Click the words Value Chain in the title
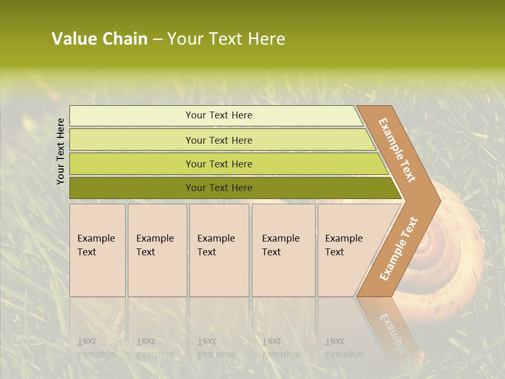coord(99,39)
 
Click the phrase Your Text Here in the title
coord(226,39)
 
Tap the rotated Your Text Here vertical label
coord(60,151)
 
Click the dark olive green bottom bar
coord(132,188)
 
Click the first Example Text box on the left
coord(97,250)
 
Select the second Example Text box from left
coord(157,250)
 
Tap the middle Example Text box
coord(219,250)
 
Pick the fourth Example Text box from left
coord(283,250)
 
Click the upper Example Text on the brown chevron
coord(397,151)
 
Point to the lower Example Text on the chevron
coord(399,248)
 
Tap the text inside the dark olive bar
coord(219,188)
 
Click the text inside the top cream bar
coord(219,115)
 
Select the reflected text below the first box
coord(96,347)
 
